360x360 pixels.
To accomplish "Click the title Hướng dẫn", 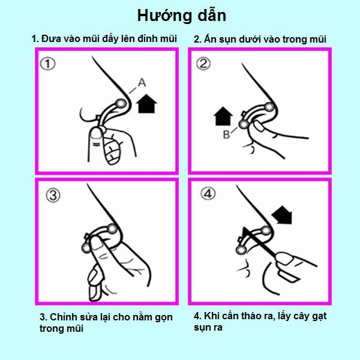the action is pos(182,16).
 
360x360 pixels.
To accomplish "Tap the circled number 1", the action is pos(47,64).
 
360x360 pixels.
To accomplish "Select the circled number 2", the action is pos(203,64).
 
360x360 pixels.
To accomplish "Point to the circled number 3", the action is pos(53,196).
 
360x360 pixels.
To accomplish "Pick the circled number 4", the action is pos(208,193).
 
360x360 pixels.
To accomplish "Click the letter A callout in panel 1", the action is pos(142,82).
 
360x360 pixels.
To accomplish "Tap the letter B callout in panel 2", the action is pos(226,134).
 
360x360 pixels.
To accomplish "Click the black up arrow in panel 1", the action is pos(146,103).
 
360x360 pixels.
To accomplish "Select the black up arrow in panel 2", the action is pos(223,116).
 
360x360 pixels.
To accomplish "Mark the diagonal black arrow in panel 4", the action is pos(282,215).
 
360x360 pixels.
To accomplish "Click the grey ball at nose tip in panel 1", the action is pos(121,104).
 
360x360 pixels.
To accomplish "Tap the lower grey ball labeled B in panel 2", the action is pos(244,124).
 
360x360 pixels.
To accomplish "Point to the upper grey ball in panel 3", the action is pos(112,229).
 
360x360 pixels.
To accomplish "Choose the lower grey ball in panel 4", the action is pos(241,250).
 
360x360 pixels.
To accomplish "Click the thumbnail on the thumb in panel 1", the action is pos(96,133).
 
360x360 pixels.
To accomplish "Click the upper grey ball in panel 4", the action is pos(266,230).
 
